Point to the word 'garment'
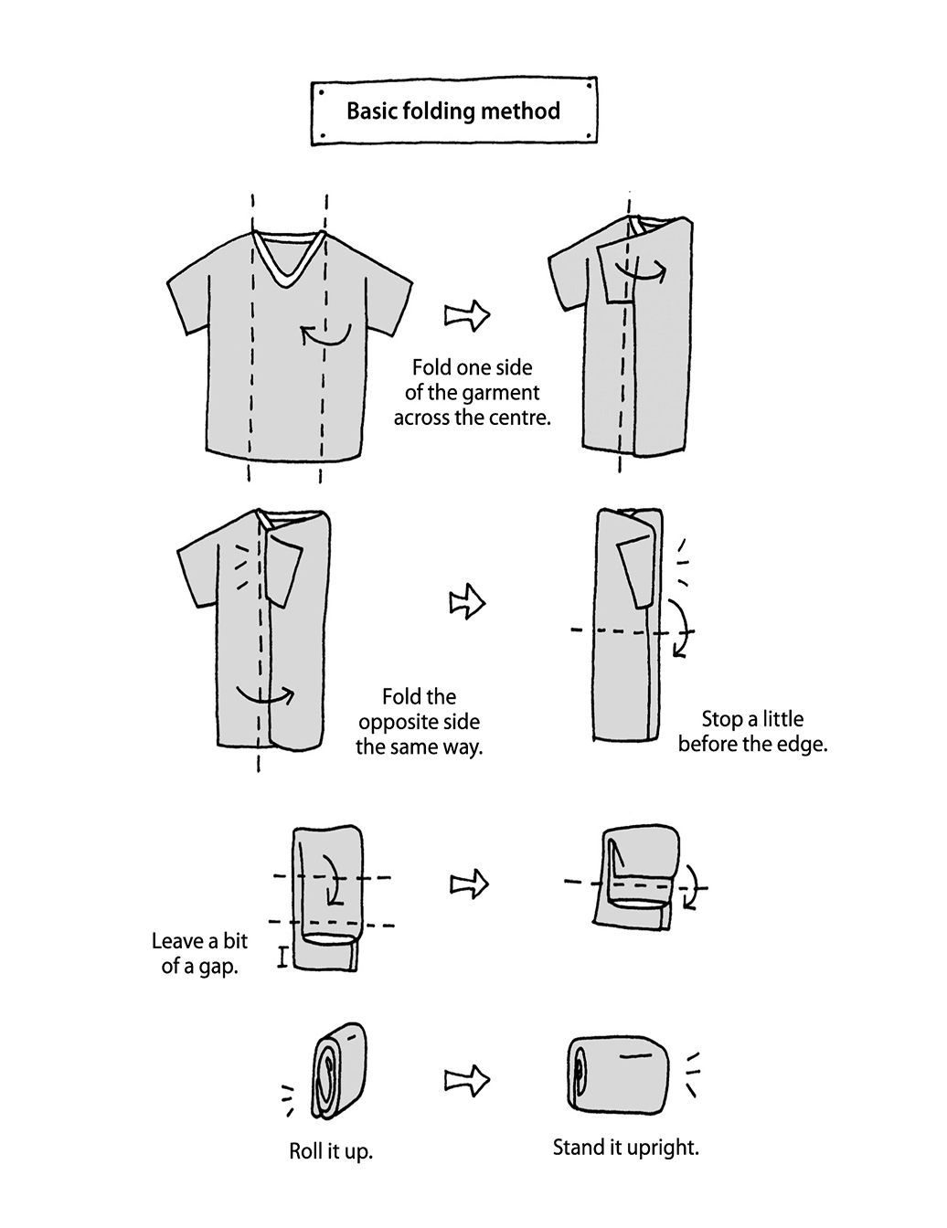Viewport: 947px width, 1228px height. [x=504, y=393]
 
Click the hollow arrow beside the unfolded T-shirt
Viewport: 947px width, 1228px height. [x=467, y=315]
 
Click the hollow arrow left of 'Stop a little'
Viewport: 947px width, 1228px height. [x=467, y=604]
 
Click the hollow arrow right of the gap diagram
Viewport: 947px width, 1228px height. [x=469, y=884]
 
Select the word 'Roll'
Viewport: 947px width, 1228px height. [x=306, y=1150]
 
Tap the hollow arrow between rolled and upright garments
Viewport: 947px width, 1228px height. [x=466, y=1081]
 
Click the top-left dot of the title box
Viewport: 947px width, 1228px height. [x=321, y=91]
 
